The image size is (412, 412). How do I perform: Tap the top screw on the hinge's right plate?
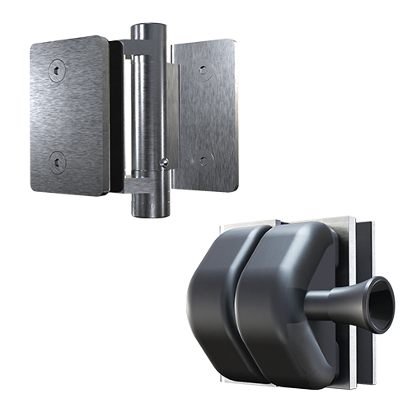coord(204,72)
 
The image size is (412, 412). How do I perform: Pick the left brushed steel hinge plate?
coord(70,115)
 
